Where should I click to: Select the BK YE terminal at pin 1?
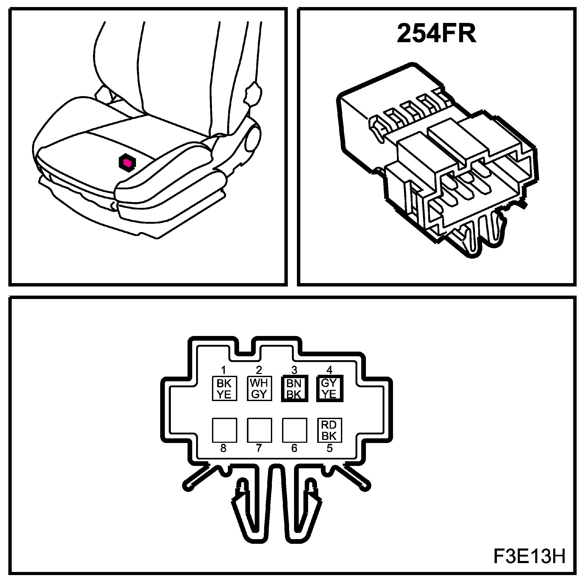[x=224, y=389]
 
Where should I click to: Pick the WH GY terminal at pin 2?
[x=259, y=389]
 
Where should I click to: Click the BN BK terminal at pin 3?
[x=294, y=389]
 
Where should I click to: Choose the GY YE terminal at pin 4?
[x=329, y=389]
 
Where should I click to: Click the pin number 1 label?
[x=223, y=370]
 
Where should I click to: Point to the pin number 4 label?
[x=329, y=370]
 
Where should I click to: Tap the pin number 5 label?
[x=330, y=448]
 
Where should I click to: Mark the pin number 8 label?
[x=223, y=448]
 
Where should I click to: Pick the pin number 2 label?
[x=259, y=370]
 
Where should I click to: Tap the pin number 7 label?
[x=259, y=448]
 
